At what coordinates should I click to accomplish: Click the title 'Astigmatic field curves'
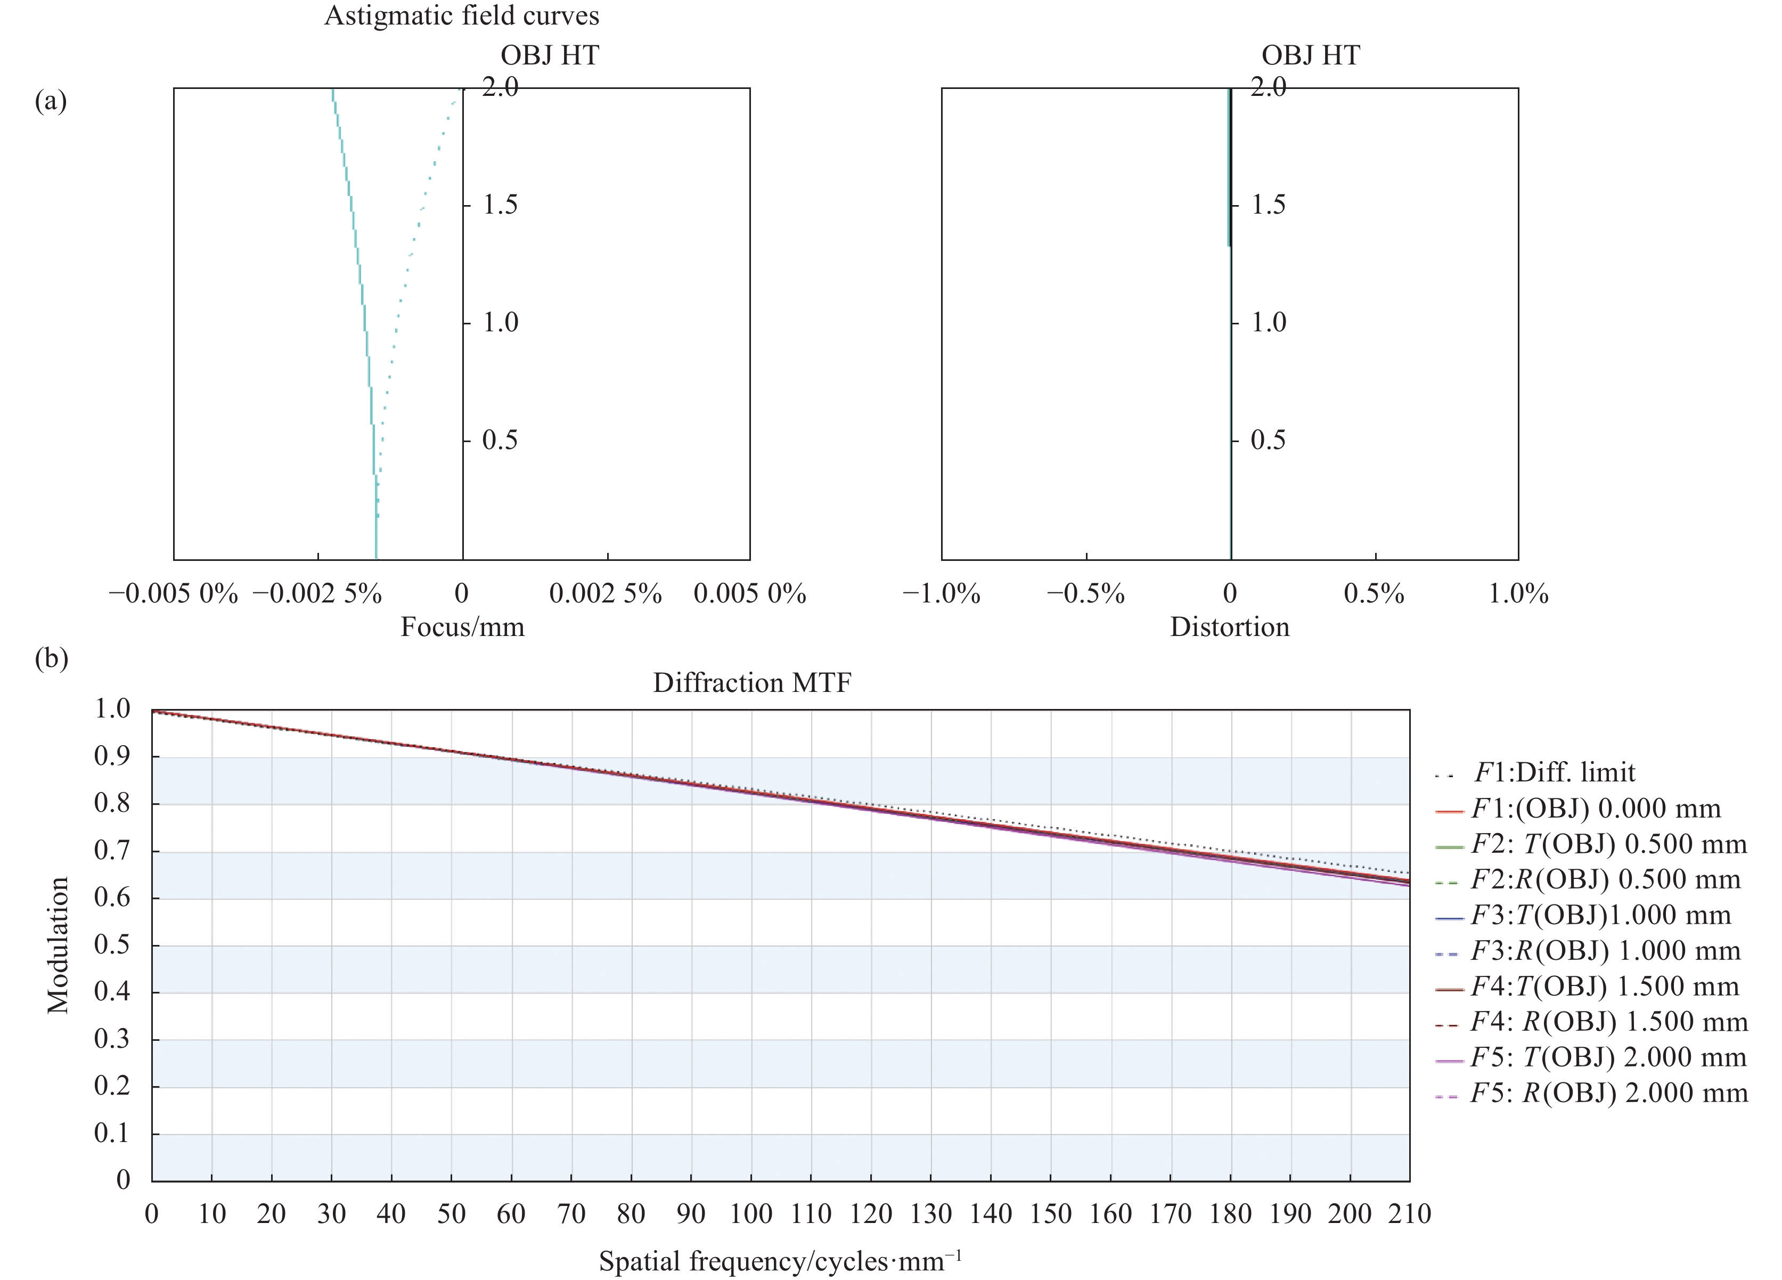tap(461, 16)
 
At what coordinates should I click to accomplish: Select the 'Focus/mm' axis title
tap(462, 627)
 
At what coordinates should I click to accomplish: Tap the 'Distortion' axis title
tap(1230, 627)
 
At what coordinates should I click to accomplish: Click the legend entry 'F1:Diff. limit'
tap(1554, 772)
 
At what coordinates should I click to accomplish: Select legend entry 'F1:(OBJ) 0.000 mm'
tap(1595, 809)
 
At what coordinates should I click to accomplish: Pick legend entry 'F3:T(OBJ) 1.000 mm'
tap(1600, 916)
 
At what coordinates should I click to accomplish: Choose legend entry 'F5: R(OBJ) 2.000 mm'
tap(1608, 1093)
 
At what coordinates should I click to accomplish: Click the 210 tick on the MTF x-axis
tap(1410, 1214)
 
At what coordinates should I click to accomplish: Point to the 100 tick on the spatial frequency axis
tap(751, 1214)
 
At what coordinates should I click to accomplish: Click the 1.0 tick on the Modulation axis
tap(112, 710)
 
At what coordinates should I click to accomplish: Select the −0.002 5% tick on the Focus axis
tap(317, 593)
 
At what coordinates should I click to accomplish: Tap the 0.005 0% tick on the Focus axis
tap(749, 593)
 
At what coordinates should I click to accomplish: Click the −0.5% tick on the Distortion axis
tap(1086, 593)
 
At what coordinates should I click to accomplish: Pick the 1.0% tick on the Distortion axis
tap(1518, 593)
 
